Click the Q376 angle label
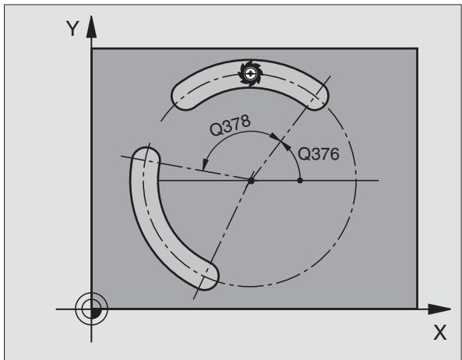[x=319, y=154]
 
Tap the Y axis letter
[x=72, y=29]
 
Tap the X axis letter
[x=440, y=334]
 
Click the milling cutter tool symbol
[x=250, y=73]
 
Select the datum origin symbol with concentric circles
[x=91, y=309]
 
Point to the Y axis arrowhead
[x=91, y=26]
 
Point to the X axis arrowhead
[x=439, y=309]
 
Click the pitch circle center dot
[x=251, y=180]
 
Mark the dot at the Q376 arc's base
[x=300, y=180]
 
